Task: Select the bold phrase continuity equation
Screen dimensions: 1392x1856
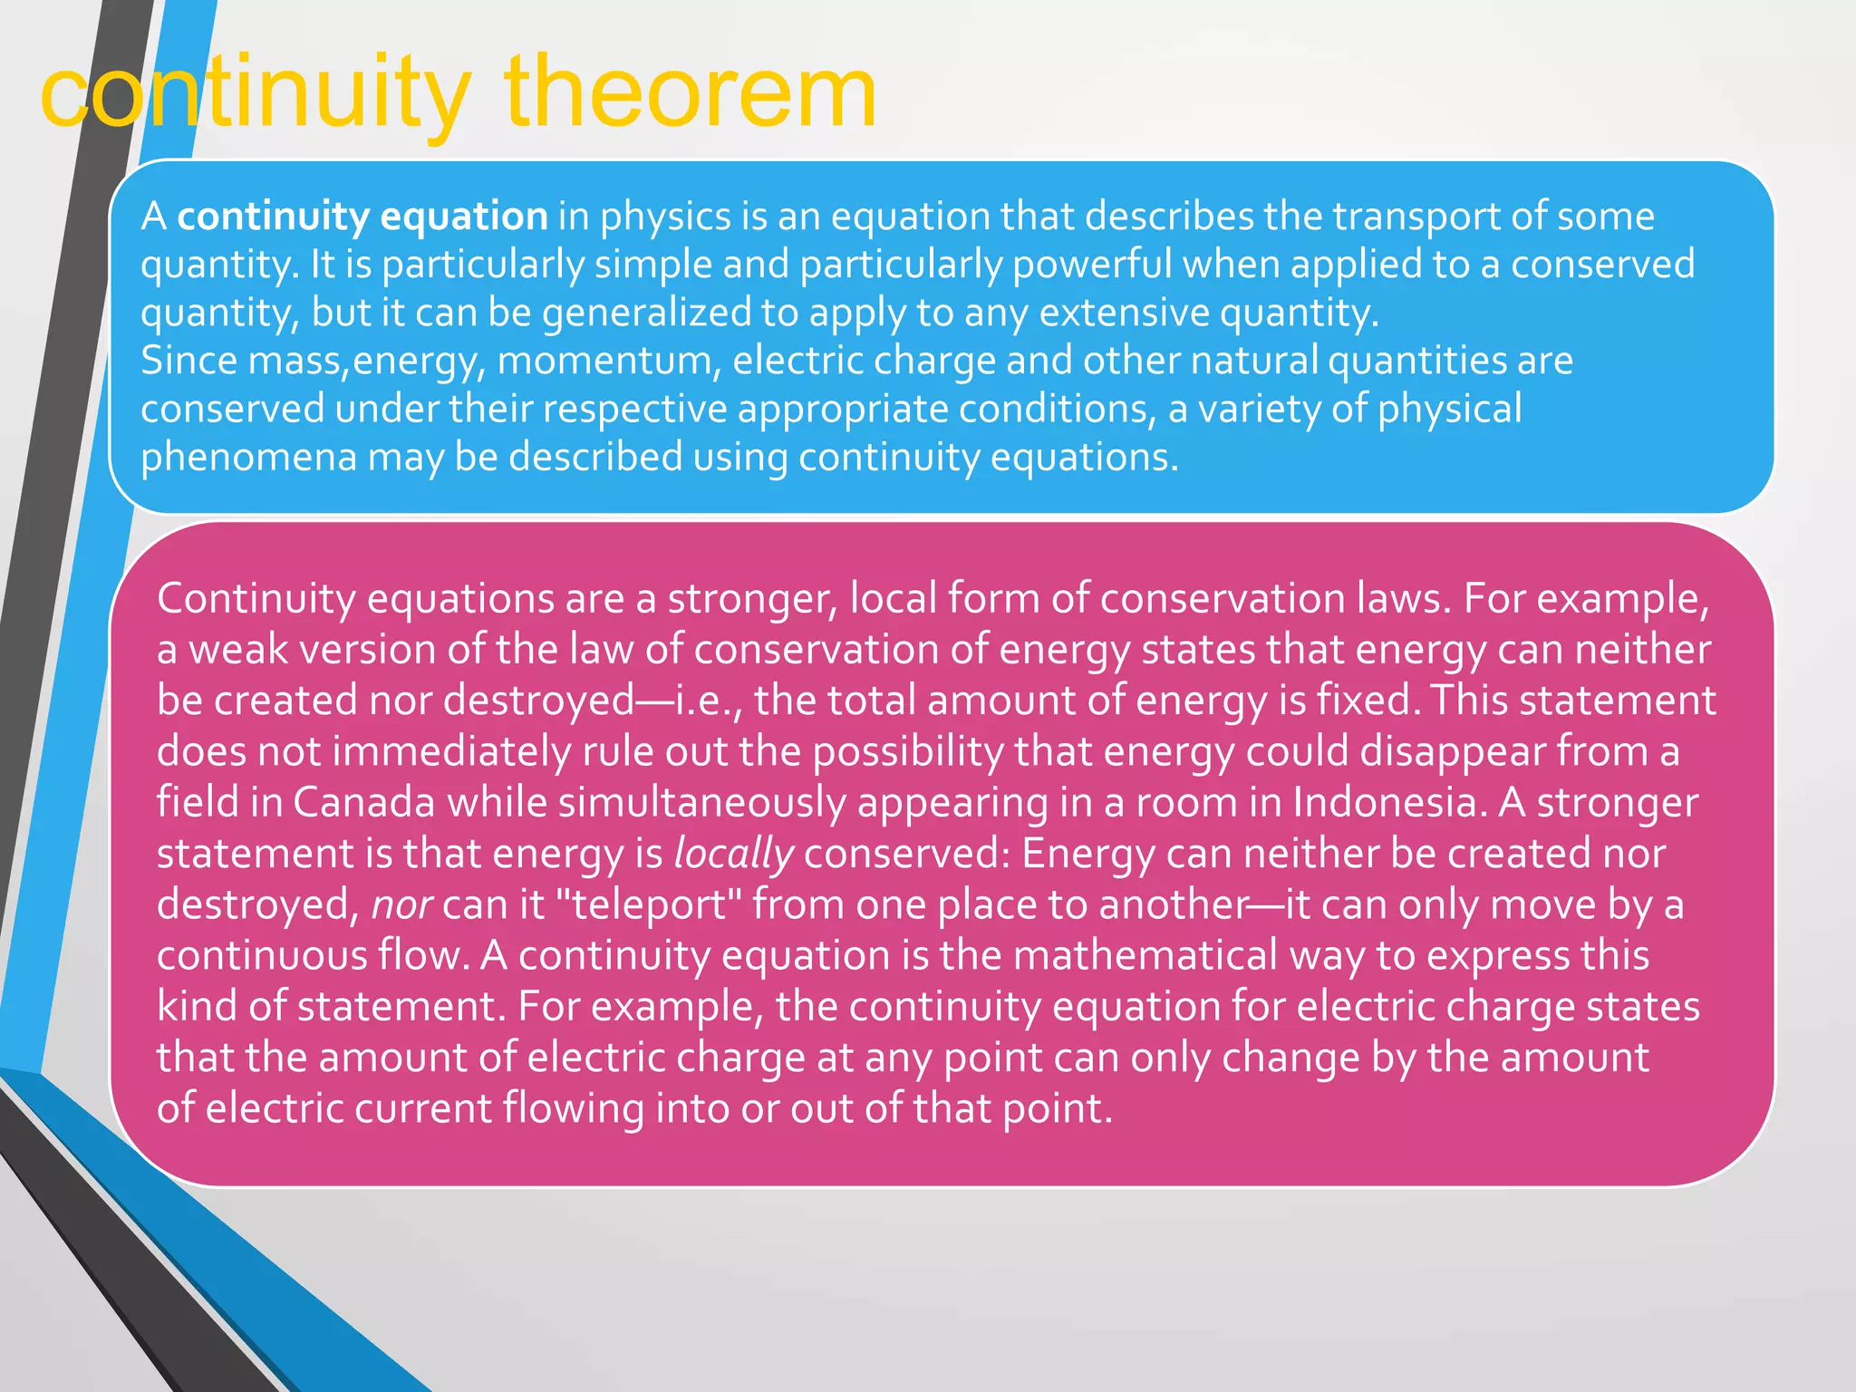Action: coord(362,217)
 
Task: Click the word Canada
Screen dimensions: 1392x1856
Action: coord(364,803)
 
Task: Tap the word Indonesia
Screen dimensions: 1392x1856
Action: coord(1387,803)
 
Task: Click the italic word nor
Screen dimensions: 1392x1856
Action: coord(401,905)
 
